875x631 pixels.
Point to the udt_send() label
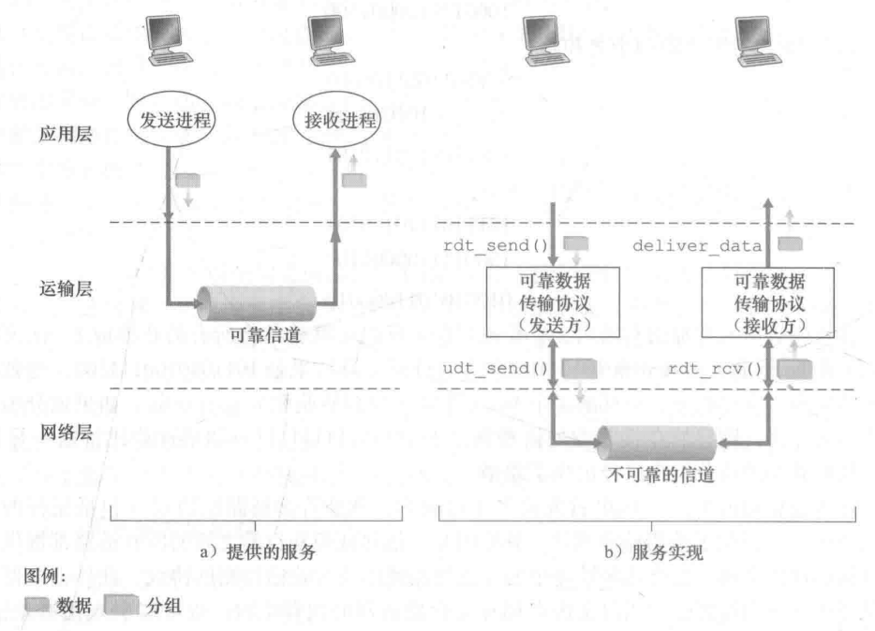[x=503, y=367]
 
